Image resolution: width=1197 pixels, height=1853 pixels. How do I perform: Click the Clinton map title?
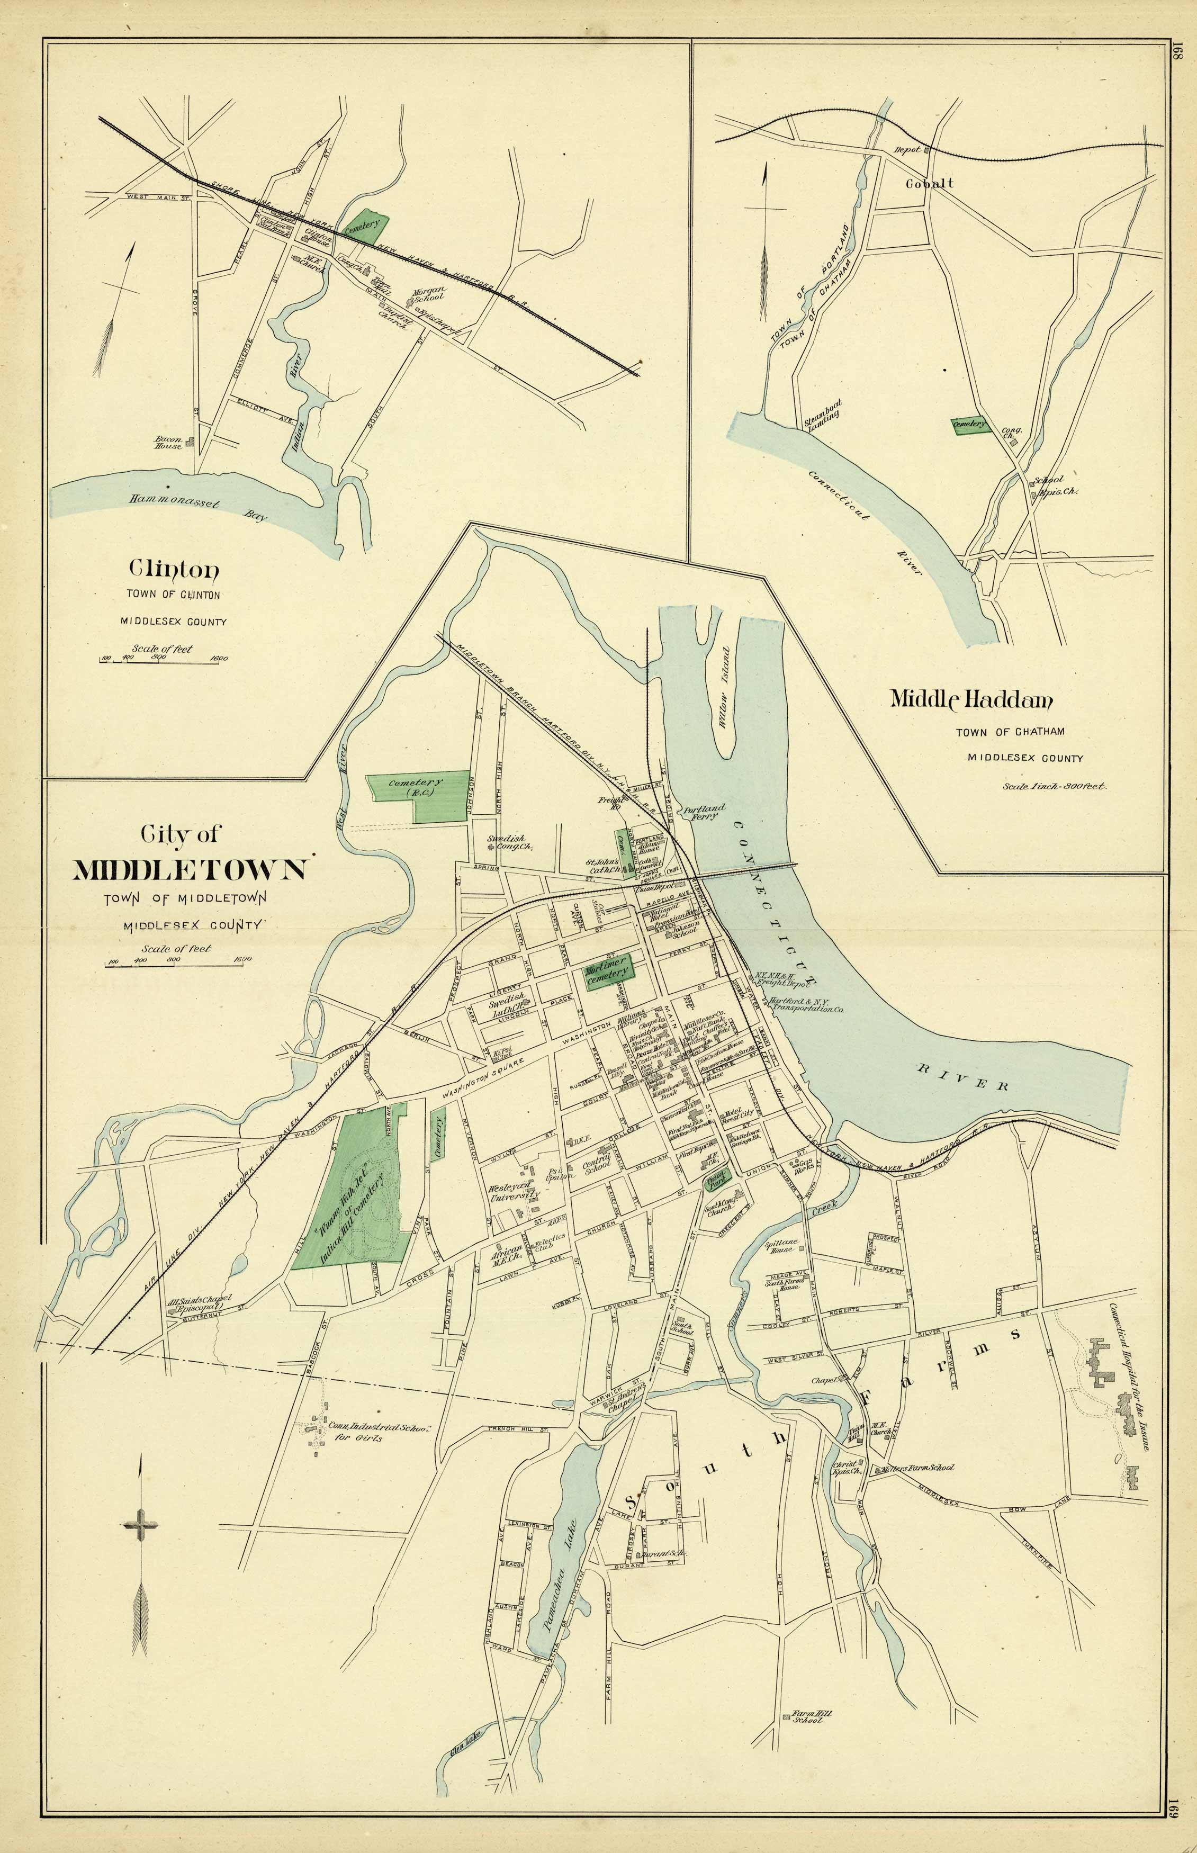click(174, 570)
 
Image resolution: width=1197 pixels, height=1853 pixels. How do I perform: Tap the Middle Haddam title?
click(971, 699)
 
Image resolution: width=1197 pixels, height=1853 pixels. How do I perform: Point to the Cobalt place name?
click(929, 184)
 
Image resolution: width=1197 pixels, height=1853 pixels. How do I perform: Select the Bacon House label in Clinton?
click(169, 442)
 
